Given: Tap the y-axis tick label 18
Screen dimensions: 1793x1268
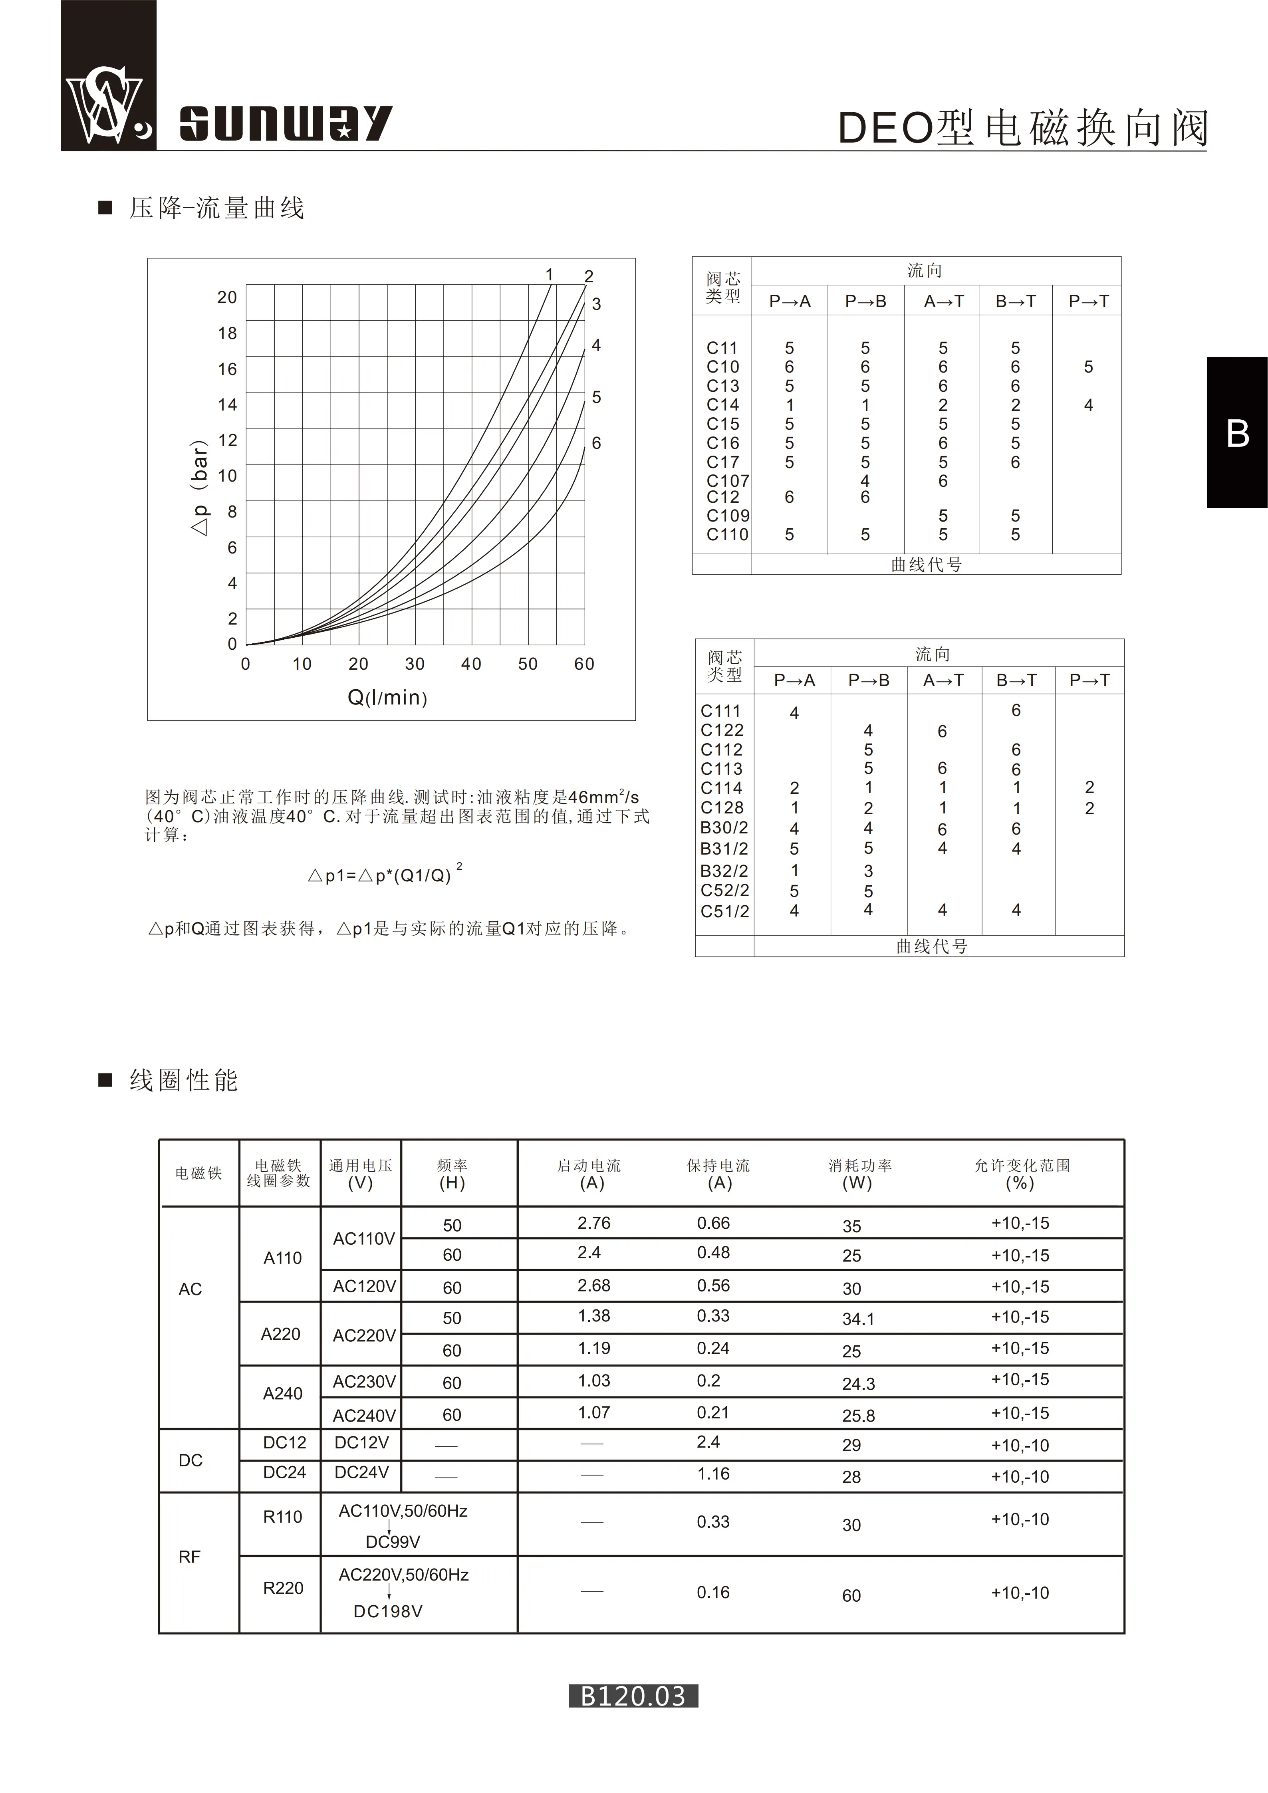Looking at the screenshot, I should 227,333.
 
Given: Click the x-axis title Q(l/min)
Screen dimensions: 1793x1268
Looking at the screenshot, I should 387,697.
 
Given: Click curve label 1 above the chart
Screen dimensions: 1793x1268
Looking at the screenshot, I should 550,275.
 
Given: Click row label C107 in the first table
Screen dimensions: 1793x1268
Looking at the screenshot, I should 727,481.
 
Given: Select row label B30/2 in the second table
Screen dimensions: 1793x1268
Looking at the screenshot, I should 724,828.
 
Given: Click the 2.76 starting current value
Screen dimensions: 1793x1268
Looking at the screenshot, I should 593,1223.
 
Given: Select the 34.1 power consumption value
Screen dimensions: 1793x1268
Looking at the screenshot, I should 858,1319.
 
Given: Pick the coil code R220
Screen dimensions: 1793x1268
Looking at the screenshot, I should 283,1588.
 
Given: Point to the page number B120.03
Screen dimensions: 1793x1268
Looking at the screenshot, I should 633,1696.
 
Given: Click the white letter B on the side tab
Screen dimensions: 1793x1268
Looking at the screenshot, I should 1238,433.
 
